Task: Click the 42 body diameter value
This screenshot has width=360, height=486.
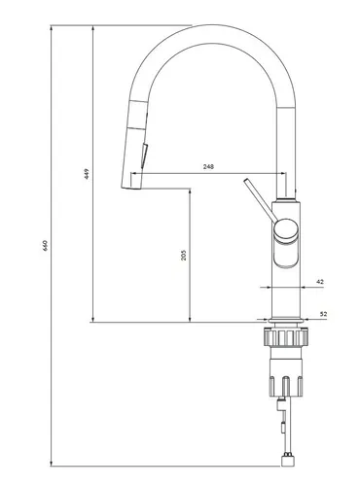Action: (x=320, y=282)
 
